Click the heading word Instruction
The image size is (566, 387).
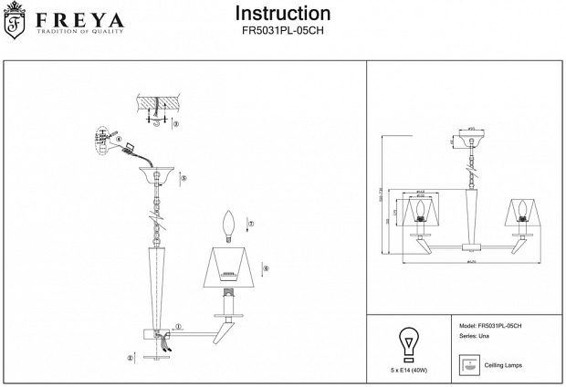[x=283, y=14]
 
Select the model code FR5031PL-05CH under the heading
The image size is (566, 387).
[x=283, y=31]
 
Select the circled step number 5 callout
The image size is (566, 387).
[x=183, y=179]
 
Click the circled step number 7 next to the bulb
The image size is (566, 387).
[x=251, y=224]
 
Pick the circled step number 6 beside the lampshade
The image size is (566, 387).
[x=265, y=268]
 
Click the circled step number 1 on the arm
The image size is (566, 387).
[x=179, y=326]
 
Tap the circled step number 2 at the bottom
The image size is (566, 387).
[x=131, y=358]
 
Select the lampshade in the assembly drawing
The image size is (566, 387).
[x=232, y=266]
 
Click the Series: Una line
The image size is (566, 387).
[x=474, y=338]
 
